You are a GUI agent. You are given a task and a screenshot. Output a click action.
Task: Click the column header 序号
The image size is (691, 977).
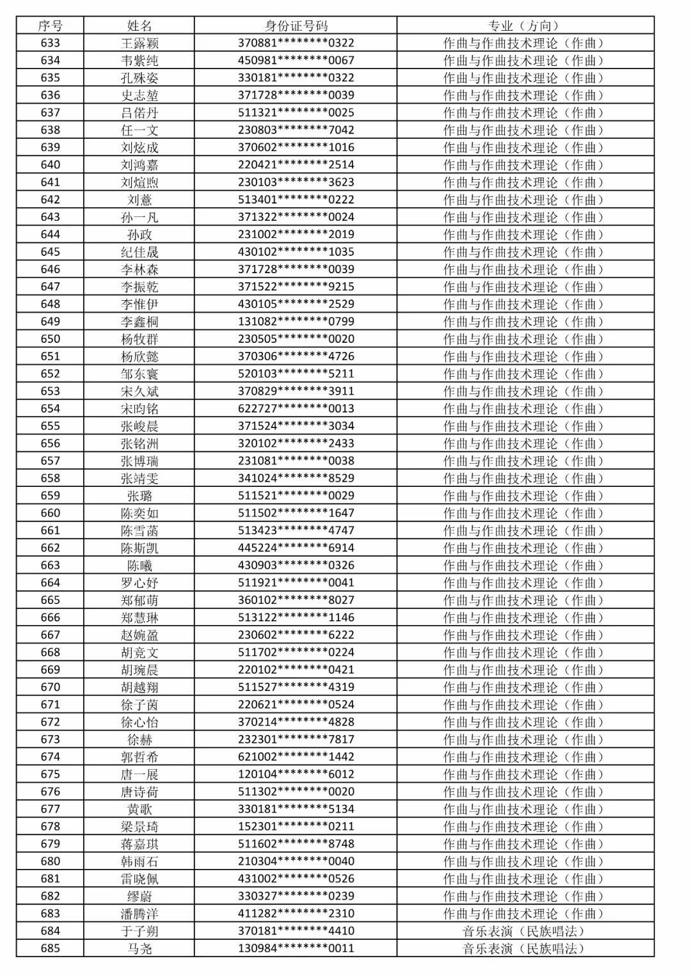50,26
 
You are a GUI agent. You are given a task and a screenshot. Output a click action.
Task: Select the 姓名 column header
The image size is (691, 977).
139,26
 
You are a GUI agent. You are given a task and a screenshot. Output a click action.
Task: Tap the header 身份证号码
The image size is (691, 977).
296,26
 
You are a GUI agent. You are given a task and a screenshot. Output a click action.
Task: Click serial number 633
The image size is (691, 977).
50,43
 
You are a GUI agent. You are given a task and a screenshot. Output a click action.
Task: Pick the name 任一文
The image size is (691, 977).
139,130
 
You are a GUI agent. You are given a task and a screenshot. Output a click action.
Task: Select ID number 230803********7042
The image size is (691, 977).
296,130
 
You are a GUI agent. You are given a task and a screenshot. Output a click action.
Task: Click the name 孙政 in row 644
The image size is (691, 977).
139,234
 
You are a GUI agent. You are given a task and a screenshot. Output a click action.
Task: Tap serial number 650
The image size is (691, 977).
50,338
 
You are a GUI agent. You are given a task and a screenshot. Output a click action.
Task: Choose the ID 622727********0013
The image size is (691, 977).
296,408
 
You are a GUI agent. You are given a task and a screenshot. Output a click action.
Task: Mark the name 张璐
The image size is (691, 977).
139,495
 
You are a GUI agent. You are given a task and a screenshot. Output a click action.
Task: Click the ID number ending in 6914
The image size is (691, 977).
296,548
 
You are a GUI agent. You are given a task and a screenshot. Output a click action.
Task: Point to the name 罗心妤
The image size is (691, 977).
139,582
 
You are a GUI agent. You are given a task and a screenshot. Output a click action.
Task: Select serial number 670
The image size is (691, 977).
50,687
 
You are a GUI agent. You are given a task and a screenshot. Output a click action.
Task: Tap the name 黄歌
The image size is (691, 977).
139,809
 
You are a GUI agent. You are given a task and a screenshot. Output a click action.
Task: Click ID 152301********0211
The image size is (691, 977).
296,826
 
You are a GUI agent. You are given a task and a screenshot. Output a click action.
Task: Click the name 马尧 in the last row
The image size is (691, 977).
139,948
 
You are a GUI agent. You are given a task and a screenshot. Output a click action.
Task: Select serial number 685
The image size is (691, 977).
50,948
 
